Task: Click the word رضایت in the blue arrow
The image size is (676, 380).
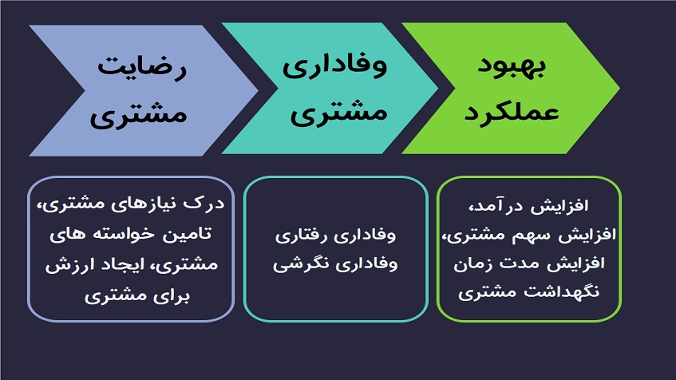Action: [x=142, y=67]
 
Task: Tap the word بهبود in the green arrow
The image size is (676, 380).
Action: [x=512, y=65]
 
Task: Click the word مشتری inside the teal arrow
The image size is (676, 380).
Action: [x=338, y=113]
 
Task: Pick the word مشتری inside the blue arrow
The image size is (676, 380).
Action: [x=138, y=115]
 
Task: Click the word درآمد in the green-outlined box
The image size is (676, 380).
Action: [x=492, y=206]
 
